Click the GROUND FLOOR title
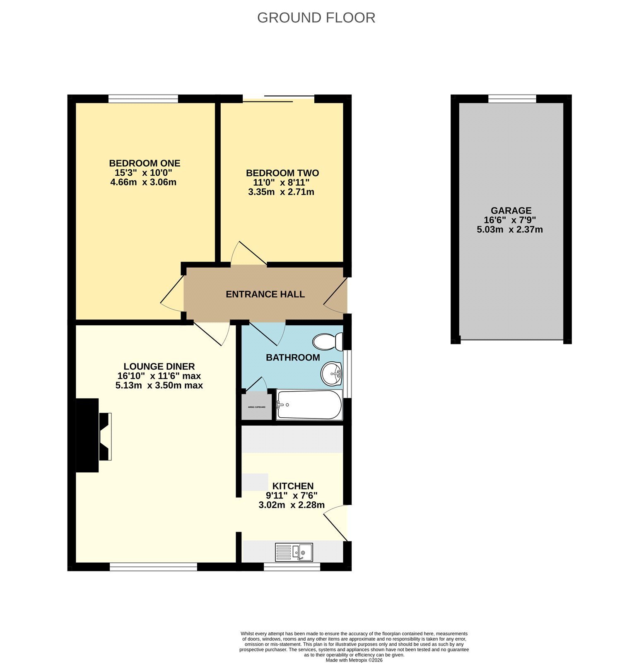pyautogui.click(x=316, y=17)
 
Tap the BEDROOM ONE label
pyautogui.click(x=145, y=163)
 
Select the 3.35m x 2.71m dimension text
pyautogui.click(x=281, y=192)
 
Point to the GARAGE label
pyautogui.click(x=511, y=211)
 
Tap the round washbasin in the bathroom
pyautogui.click(x=331, y=373)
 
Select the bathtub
pyautogui.click(x=309, y=405)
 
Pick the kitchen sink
pyautogui.click(x=294, y=552)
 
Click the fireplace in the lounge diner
pyautogui.click(x=94, y=436)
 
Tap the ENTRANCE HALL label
pyautogui.click(x=265, y=294)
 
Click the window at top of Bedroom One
pyautogui.click(x=143, y=99)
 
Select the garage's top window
pyautogui.click(x=512, y=99)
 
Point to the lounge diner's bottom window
pyautogui.click(x=153, y=567)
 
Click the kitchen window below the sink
pyautogui.click(x=292, y=567)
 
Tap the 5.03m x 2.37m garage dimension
pyautogui.click(x=510, y=230)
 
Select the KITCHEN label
pyautogui.click(x=293, y=486)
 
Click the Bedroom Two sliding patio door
pyautogui.click(x=279, y=99)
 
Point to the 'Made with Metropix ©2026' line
pyautogui.click(x=354, y=660)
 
